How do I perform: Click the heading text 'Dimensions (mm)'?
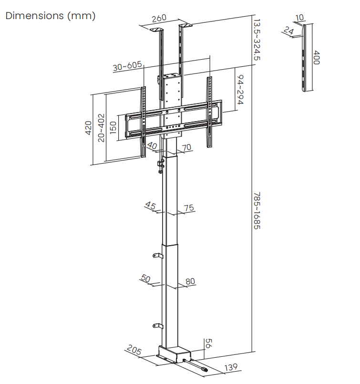[51, 16]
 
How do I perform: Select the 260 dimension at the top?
[159, 19]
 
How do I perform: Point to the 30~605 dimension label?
[128, 66]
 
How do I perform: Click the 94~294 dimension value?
[241, 90]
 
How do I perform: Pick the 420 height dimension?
[88, 128]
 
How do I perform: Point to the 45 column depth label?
[150, 206]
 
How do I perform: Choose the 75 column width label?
[189, 208]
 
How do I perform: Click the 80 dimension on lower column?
[190, 281]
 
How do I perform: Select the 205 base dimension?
[134, 351]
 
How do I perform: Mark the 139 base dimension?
[231, 367]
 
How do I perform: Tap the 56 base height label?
[208, 343]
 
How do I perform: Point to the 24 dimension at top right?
[288, 31]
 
